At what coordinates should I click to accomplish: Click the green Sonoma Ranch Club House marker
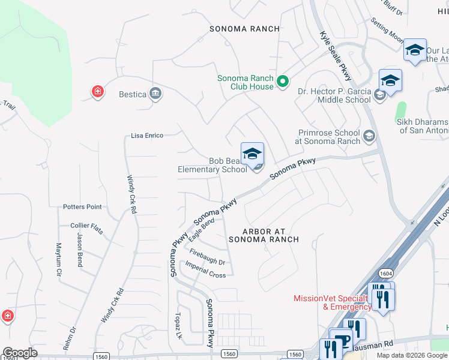(284, 82)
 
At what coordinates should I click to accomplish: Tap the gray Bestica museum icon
(156, 94)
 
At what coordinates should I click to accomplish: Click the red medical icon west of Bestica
(97, 92)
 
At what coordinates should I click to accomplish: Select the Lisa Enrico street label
(147, 136)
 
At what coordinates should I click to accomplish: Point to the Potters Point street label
(82, 206)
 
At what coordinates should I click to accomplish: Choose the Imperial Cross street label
(205, 270)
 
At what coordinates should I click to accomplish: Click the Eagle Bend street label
(201, 230)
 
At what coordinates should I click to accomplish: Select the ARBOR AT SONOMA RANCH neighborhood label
(264, 235)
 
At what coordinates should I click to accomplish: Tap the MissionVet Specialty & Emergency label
(330, 302)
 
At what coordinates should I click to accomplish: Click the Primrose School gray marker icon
(370, 137)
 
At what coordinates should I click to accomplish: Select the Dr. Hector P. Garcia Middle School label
(334, 95)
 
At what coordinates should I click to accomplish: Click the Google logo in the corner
(20, 353)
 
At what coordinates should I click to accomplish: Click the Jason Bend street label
(79, 250)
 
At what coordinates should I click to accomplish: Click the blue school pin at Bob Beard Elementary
(253, 154)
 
